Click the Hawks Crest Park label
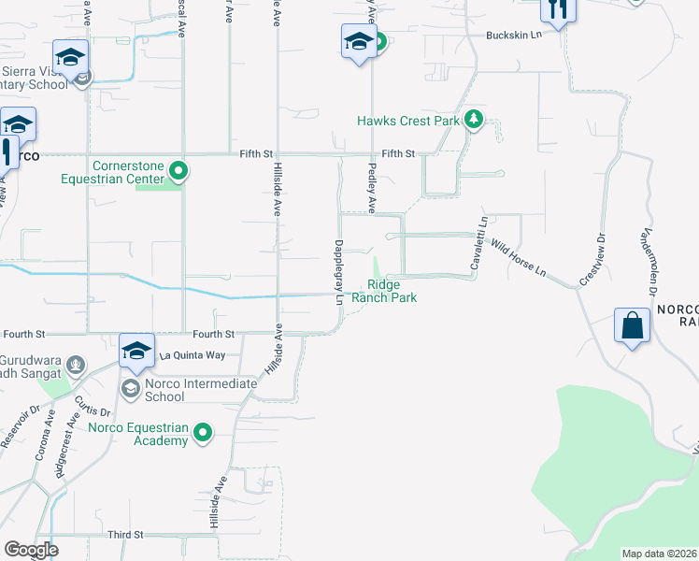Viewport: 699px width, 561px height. pos(408,122)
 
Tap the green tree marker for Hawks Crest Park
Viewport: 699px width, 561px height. pos(474,120)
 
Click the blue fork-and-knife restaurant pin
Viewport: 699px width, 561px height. pos(559,9)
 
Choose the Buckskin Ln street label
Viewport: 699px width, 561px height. pos(513,36)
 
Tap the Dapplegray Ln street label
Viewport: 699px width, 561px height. pos(338,273)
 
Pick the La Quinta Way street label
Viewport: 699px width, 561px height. pos(193,355)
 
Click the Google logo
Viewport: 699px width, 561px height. pos(31,549)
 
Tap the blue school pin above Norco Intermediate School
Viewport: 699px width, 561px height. pos(136,350)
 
